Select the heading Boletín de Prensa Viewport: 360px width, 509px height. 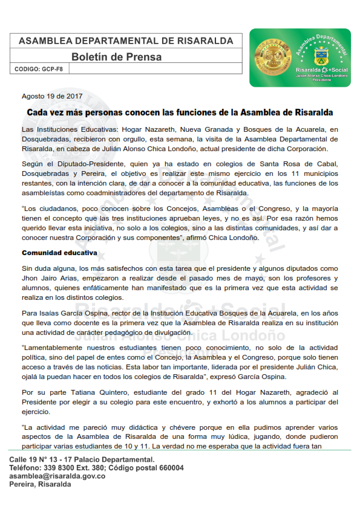point(117,57)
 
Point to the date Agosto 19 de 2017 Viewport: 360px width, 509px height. point(52,96)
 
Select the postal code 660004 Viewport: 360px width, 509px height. point(169,468)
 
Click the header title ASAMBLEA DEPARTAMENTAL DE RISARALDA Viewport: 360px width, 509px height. point(126,41)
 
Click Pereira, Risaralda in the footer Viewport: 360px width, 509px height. point(39,485)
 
